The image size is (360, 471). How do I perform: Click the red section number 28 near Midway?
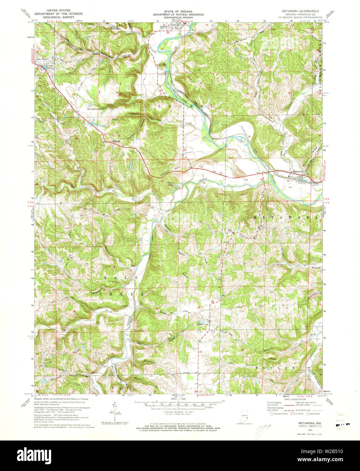[x=161, y=138]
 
